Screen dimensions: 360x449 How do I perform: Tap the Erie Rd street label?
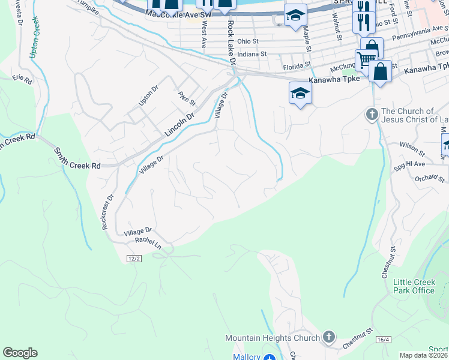22,79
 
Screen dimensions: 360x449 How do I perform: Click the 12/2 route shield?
134,258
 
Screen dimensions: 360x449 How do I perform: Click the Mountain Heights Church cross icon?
328,337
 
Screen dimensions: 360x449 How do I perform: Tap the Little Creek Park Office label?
414,286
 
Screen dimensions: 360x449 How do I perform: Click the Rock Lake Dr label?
230,38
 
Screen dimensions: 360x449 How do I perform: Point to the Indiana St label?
252,53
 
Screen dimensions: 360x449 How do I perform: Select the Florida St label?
298,64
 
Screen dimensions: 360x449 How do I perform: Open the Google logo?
20,353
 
